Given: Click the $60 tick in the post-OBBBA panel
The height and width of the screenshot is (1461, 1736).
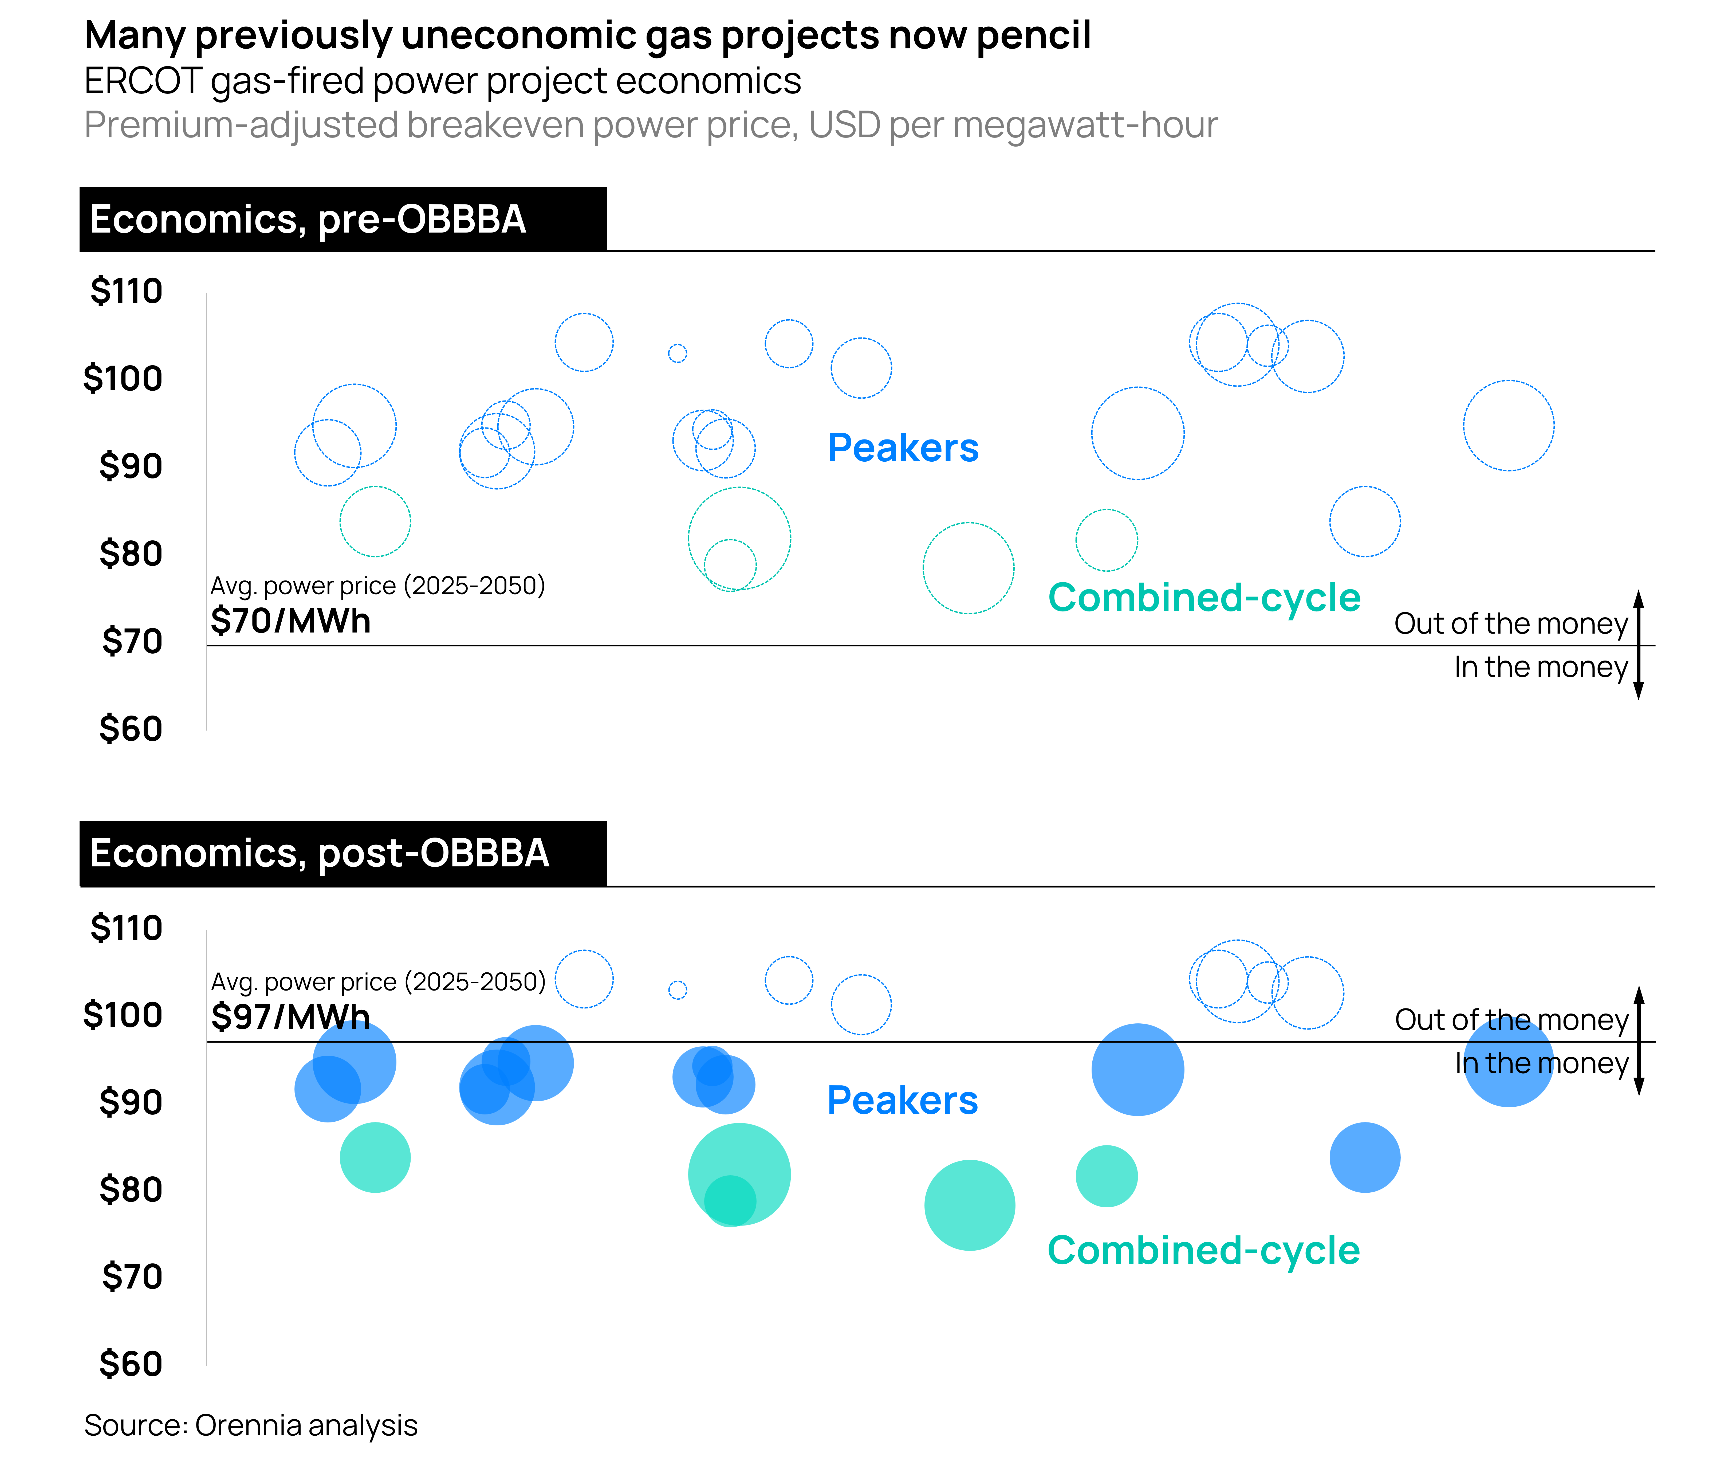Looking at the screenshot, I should (x=131, y=1363).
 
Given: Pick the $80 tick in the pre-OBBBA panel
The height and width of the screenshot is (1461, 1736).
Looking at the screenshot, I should (x=131, y=553).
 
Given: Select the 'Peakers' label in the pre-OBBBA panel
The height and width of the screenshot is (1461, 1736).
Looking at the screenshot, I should (x=903, y=448).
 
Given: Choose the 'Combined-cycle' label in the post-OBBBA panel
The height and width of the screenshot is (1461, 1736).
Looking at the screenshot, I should (x=1203, y=1251).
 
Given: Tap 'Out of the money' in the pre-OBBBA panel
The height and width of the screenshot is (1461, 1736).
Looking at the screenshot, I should (x=1511, y=624).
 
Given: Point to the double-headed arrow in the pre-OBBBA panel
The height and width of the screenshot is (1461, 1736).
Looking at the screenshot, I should (x=1638, y=645).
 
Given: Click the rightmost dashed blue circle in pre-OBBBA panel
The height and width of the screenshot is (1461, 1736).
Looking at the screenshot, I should (x=1508, y=426).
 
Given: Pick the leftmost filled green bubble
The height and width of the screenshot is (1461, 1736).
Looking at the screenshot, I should (x=375, y=1157).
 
